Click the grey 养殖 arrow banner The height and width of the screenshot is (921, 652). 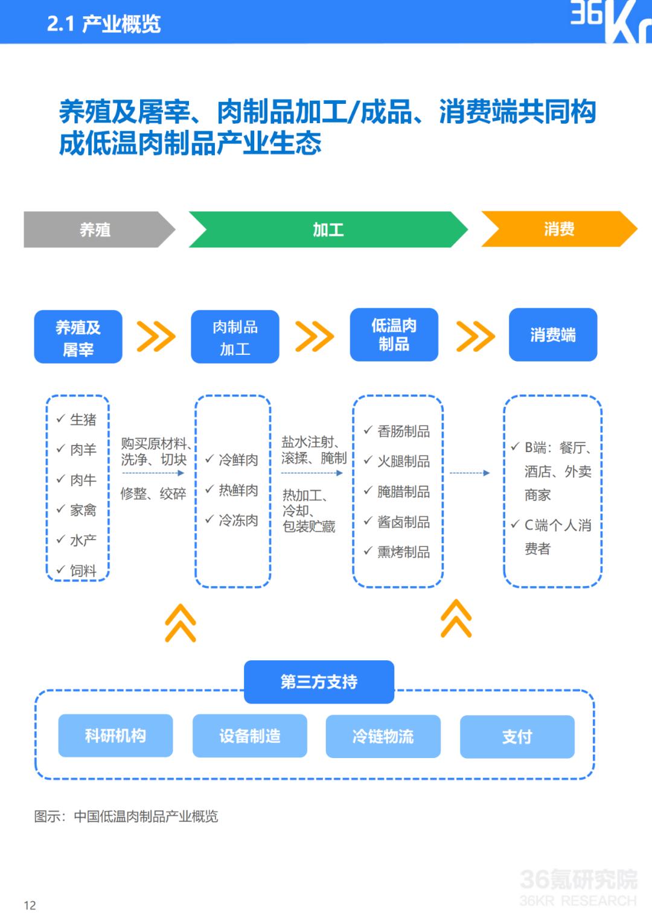(99, 229)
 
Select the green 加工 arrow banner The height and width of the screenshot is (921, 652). (328, 229)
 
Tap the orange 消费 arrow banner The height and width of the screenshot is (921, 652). (559, 229)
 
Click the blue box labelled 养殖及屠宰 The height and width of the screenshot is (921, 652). (78, 337)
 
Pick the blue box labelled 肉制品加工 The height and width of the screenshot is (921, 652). (235, 337)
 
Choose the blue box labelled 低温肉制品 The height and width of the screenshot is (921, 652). (394, 335)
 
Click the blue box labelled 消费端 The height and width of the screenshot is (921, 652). (553, 335)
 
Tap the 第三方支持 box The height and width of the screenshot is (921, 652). (319, 682)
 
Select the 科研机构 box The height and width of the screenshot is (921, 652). (115, 736)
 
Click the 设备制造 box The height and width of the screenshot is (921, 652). (250, 736)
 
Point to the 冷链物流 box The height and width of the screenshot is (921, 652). (383, 736)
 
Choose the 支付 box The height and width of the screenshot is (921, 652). (517, 737)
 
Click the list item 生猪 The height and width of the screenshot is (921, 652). (83, 419)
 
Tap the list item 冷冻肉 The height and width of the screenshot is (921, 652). (238, 520)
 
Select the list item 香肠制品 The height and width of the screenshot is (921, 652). (403, 432)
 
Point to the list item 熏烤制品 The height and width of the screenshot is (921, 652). (403, 552)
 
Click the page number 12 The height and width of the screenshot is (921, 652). (30, 905)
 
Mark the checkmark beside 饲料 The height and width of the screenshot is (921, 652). (61, 570)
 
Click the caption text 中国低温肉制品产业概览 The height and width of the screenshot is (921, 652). (146, 817)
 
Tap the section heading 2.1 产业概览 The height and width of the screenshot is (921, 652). (104, 24)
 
